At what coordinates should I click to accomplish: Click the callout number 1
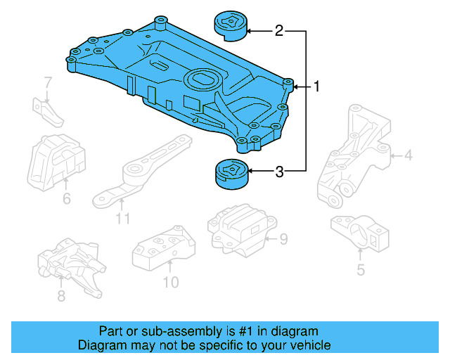[x=317, y=87]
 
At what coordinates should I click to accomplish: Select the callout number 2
[x=279, y=31]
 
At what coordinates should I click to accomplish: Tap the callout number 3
[x=279, y=171]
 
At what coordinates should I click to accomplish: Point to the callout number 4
[x=408, y=154]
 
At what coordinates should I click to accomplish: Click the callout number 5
[x=360, y=269]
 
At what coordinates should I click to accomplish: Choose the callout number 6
[x=66, y=199]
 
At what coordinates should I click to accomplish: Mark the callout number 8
[x=61, y=296]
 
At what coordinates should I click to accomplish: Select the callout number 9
[x=283, y=240]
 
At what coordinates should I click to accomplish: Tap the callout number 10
[x=171, y=283]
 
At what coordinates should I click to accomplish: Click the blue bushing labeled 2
[x=229, y=23]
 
